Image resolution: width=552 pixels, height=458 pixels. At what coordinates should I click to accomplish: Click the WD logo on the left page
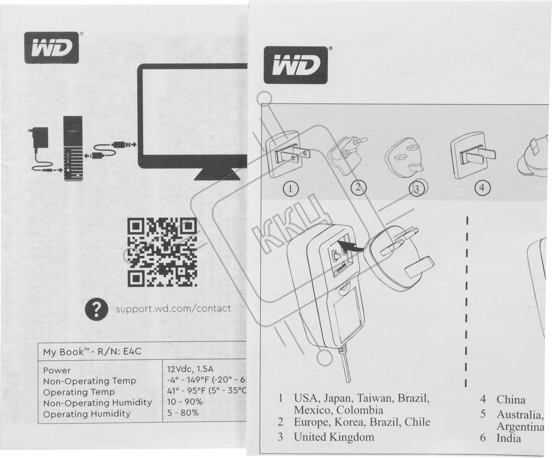pos(52,47)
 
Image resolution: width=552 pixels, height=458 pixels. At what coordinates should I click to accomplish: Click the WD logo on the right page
pos(295,65)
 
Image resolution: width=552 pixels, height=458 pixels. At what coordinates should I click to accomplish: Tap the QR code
pos(162,252)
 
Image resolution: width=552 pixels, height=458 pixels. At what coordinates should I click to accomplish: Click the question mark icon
pos(97,310)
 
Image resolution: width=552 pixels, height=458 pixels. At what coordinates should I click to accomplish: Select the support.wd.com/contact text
pos(173,308)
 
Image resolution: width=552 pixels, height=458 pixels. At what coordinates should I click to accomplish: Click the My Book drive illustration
pos(74,148)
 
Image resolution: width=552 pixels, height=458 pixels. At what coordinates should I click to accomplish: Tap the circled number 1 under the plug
pos(291,188)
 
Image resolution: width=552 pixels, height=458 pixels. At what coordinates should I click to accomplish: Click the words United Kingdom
pos(334,437)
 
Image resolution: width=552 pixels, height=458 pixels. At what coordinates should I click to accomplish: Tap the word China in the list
pos(511,400)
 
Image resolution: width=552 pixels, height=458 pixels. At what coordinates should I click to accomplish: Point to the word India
pos(509,438)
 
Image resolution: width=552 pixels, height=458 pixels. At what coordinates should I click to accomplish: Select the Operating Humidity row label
pos(86,414)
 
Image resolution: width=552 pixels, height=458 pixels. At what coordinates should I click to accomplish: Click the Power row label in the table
pos(57,370)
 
